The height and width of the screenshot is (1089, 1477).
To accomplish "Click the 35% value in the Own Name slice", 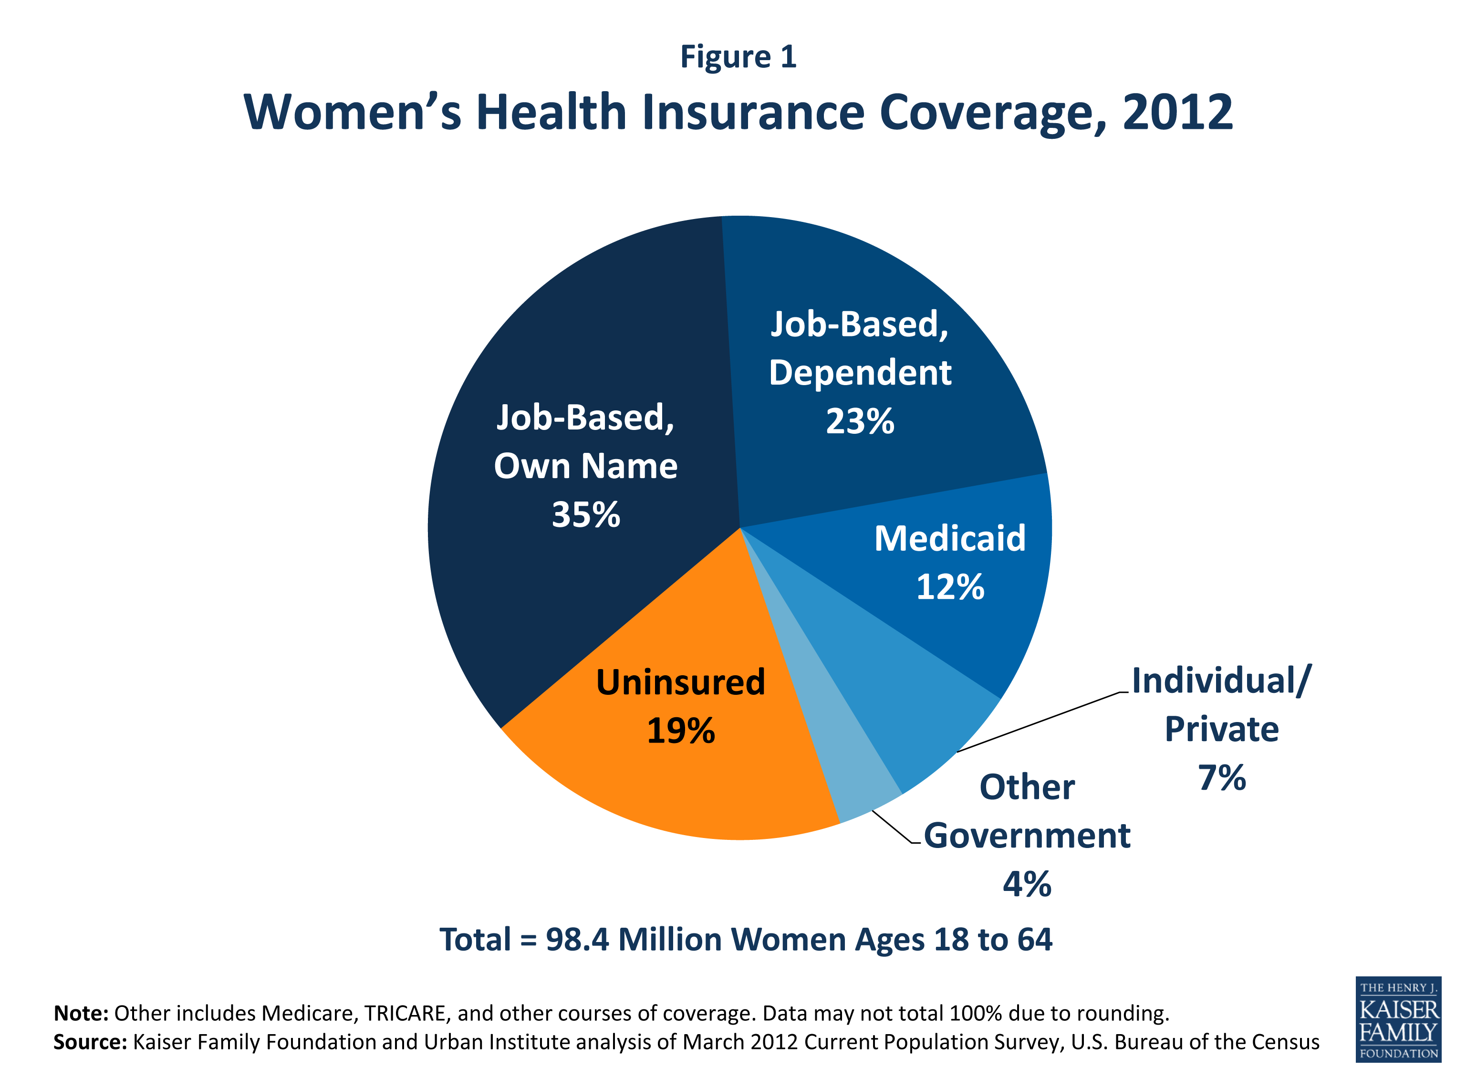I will (x=585, y=515).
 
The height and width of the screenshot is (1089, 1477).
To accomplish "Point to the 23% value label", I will (x=860, y=421).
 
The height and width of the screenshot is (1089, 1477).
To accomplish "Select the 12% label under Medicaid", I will (x=950, y=586).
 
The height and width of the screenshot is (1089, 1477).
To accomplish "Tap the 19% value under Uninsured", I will (x=680, y=731).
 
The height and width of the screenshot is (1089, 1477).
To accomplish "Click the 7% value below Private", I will (x=1221, y=778).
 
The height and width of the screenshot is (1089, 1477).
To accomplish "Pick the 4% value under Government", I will (x=1026, y=884).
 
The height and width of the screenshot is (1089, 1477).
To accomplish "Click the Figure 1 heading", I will (x=738, y=57).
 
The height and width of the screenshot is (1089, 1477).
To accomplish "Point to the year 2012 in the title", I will (x=1177, y=112).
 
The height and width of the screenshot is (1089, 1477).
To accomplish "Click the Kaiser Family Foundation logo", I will (x=1397, y=1019).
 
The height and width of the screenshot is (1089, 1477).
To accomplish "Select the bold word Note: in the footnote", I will (x=81, y=1013).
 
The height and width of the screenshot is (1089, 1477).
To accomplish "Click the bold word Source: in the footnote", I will (x=90, y=1042).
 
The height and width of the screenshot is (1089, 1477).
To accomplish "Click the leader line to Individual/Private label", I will (x=1038, y=722).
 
